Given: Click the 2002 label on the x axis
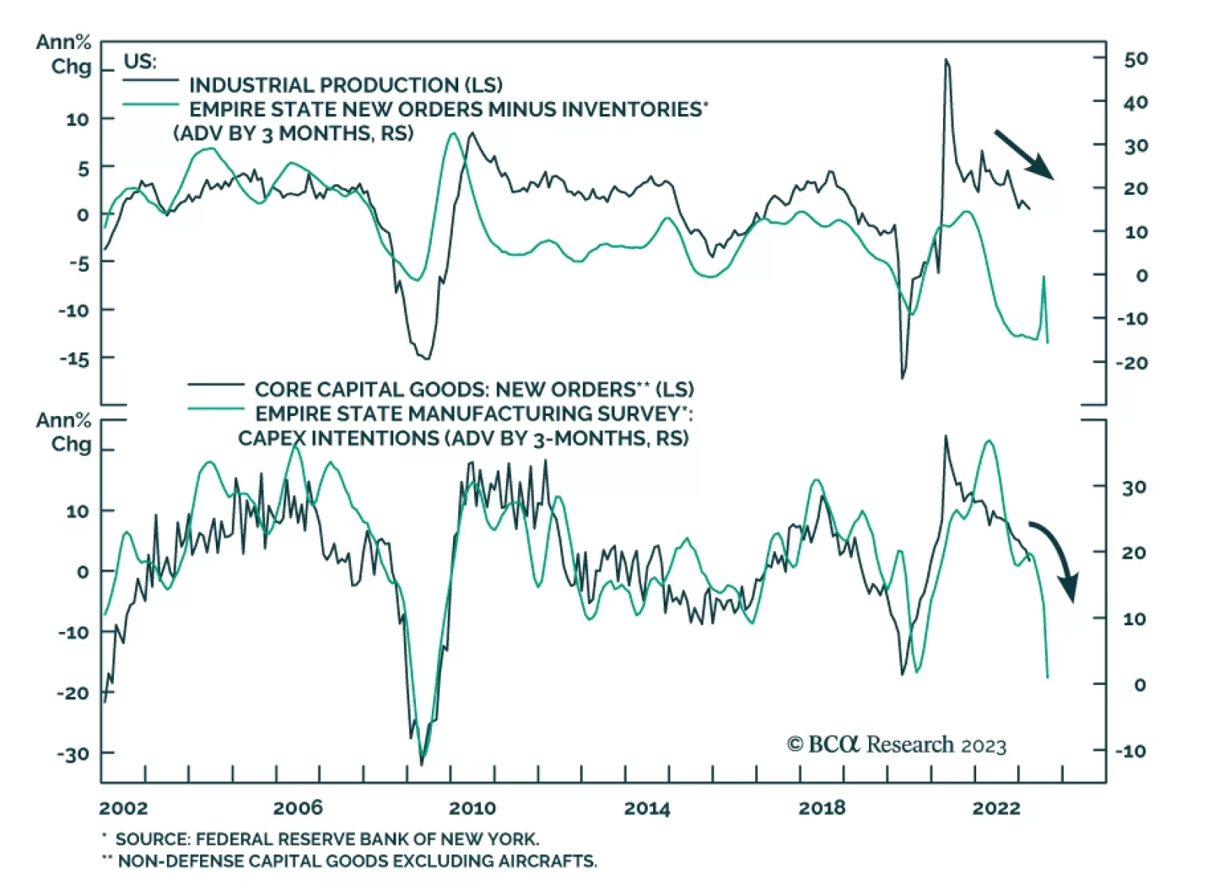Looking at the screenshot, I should (123, 808).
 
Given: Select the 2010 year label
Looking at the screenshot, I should (473, 808).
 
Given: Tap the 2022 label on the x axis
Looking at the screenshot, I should (996, 808).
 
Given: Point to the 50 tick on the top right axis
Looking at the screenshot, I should (1136, 59).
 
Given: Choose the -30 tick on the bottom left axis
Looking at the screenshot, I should (72, 754).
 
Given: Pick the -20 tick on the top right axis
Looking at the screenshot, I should (1132, 362).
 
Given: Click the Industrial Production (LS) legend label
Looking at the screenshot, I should (345, 85).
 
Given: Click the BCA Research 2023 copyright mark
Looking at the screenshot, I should (896, 745).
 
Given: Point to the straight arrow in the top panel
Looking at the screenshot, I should (1024, 154).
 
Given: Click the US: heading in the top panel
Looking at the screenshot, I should (140, 61).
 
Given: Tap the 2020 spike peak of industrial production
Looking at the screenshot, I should (945, 60).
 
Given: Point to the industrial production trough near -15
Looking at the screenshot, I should (427, 358).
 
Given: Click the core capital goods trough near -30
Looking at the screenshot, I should (421, 764).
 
